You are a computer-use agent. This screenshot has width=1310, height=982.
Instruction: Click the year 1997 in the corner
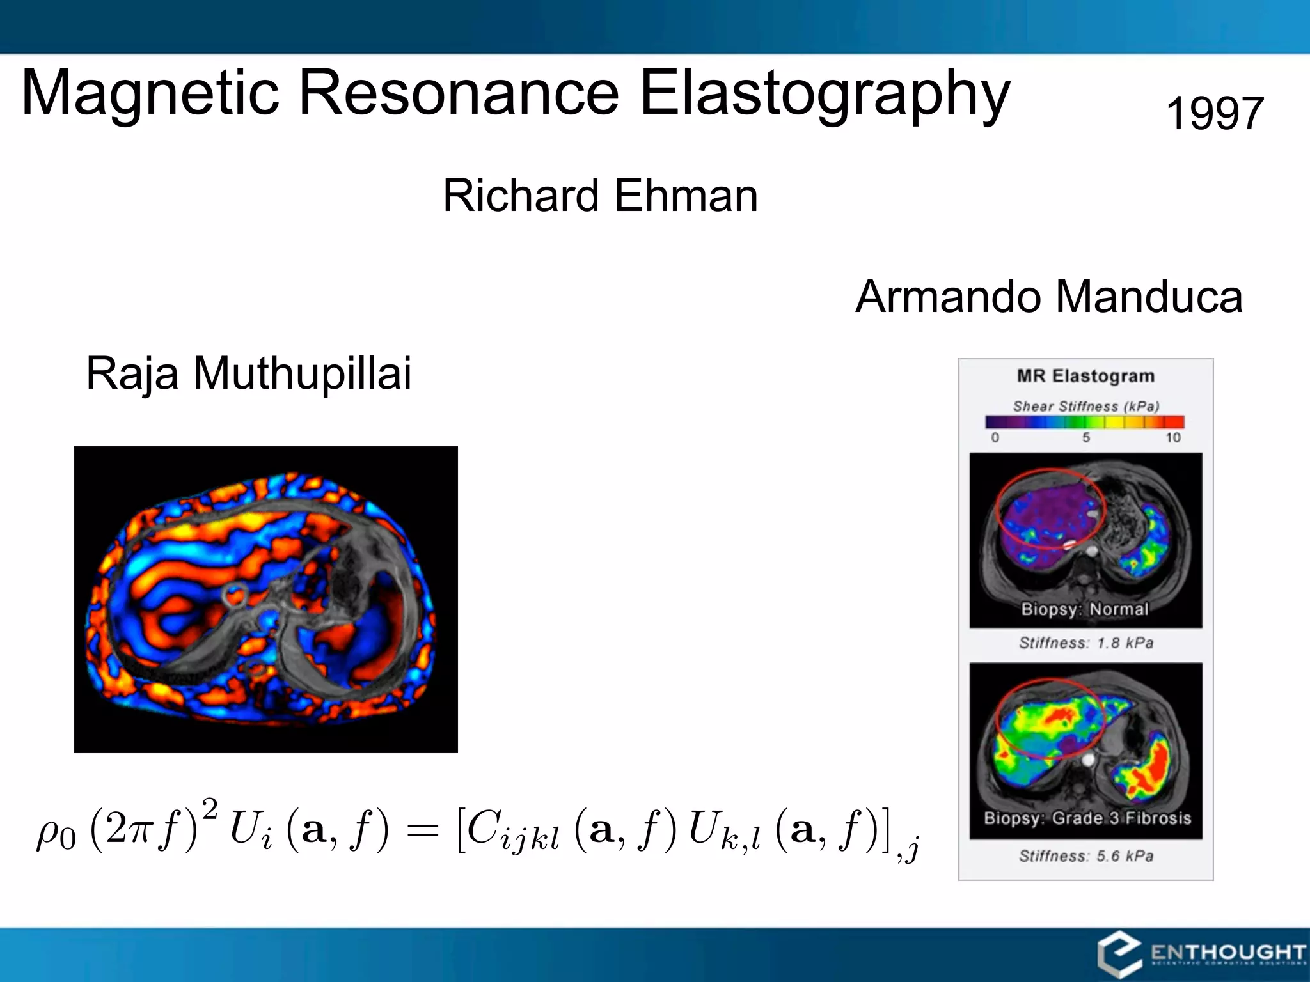1215,114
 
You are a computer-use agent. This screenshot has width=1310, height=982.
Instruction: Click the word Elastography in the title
825,94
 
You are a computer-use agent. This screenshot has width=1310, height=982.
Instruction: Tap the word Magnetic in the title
150,94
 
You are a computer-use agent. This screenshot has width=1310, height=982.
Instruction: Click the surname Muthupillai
302,373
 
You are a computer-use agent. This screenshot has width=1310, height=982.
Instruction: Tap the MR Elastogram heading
1085,376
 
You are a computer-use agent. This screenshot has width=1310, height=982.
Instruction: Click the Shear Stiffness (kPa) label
1085,407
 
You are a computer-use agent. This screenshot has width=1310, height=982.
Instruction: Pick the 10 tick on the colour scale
1172,438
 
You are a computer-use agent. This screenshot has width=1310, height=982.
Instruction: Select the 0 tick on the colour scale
995,438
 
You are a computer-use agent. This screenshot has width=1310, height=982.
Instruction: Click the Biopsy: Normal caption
1085,609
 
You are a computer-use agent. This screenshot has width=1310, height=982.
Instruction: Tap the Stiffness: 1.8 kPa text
1085,643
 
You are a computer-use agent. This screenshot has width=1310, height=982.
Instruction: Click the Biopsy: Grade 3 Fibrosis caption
1087,818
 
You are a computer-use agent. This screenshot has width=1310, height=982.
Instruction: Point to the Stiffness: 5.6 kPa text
1085,856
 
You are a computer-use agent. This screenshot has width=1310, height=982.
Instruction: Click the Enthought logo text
1227,953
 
